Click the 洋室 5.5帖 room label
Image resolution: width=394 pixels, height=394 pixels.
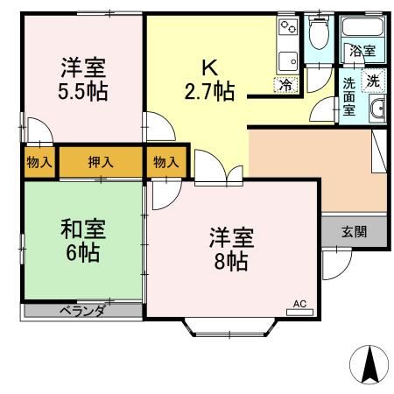84,78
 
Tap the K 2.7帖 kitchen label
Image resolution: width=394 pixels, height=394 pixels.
210,78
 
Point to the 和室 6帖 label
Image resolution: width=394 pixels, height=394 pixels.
83,241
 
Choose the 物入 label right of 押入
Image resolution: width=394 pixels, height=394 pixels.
166,162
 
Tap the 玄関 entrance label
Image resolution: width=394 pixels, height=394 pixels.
354,232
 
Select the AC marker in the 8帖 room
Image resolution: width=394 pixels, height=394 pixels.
299,306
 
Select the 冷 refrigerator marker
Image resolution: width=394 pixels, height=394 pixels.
286,84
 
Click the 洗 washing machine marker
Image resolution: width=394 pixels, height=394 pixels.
373,80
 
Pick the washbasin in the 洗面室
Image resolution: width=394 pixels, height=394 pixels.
377,109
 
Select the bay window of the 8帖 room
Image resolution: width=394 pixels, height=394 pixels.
230,328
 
